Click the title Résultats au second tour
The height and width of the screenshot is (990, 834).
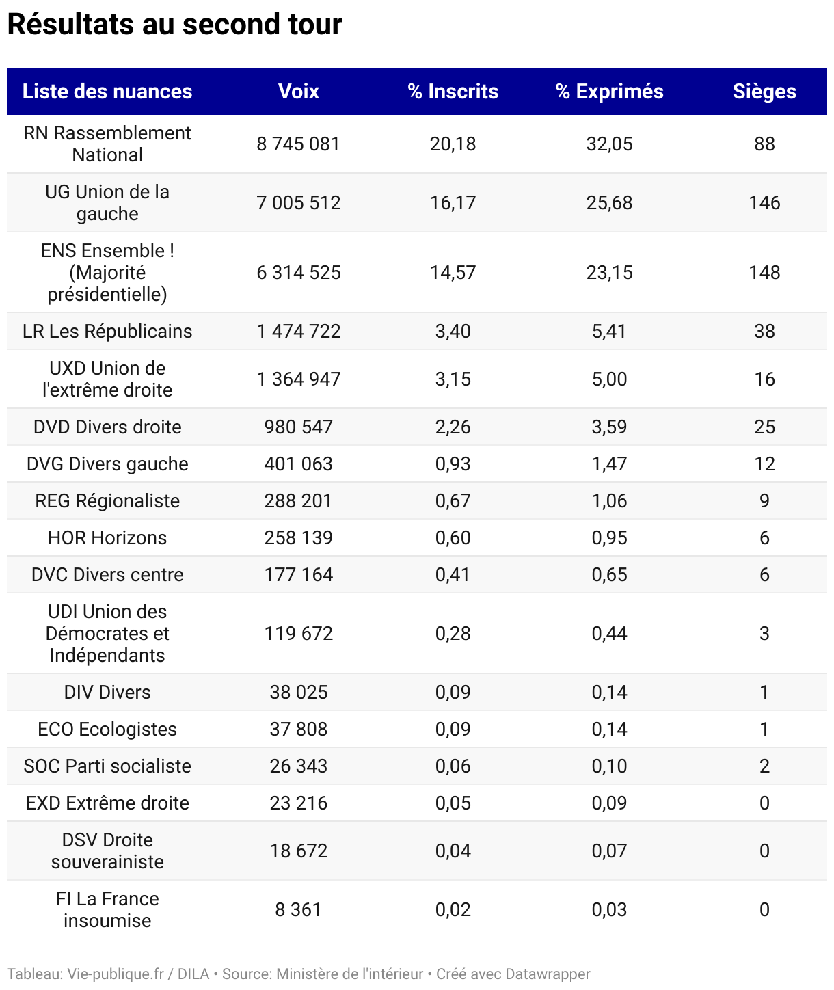(174, 25)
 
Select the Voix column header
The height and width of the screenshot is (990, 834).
(299, 92)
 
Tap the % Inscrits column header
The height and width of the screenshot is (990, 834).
(453, 92)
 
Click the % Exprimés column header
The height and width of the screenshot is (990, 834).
(609, 92)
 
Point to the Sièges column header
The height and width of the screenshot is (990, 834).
(764, 92)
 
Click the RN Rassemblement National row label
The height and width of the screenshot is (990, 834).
(107, 144)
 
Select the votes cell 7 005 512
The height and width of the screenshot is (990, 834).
(299, 202)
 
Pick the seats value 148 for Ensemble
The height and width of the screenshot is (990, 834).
(764, 272)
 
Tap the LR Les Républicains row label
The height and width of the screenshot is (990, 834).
(107, 331)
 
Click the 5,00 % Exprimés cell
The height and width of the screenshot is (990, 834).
(609, 379)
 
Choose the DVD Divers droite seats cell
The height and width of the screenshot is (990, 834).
(764, 427)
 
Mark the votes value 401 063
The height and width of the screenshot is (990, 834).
(299, 464)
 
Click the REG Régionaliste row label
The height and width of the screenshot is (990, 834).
(107, 500)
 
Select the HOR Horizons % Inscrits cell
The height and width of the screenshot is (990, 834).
(453, 537)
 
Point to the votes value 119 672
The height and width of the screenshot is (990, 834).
(299, 633)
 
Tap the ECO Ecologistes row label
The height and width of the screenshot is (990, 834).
(107, 729)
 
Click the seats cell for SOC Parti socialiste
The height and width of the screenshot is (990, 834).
(764, 766)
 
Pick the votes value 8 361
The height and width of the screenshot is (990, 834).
(299, 909)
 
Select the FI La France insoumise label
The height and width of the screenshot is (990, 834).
(107, 909)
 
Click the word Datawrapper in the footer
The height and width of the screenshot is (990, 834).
(548, 974)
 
